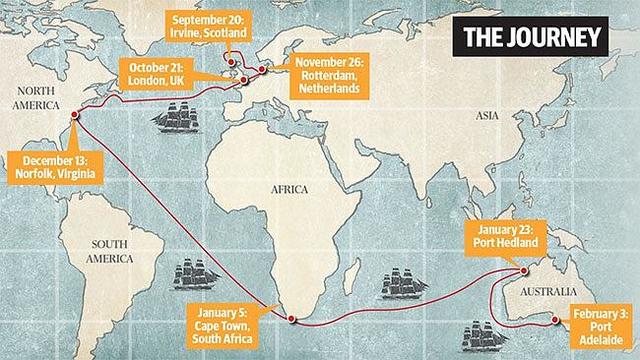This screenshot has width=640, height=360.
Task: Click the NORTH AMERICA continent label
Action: click(x=38, y=96)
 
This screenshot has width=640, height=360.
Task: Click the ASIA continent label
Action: click(x=487, y=116)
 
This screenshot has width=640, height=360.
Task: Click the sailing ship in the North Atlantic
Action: click(x=181, y=118)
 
